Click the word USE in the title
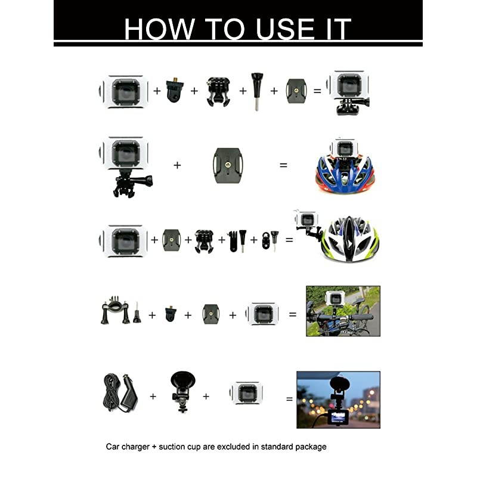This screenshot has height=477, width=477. coord(286,29)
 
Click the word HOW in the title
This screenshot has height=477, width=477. coord(159,29)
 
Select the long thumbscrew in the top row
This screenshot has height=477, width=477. coord(257,91)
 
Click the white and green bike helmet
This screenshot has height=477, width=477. coord(350,239)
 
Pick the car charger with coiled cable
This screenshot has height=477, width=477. coord(120,393)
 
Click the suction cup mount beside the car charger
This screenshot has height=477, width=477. coord(182,392)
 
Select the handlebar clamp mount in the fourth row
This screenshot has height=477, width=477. coord(115,309)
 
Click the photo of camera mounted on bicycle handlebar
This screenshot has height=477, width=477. coord(343,311)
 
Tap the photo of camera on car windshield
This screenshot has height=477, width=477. coord(338,399)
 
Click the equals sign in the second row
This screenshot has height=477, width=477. coord(283,165)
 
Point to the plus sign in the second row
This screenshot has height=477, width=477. coord(177,165)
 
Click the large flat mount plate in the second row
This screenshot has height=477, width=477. coord(228,165)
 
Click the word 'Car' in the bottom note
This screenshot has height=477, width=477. coord(112,447)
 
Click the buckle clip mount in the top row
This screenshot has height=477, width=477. coord(218,92)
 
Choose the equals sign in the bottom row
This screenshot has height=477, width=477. coord(289,399)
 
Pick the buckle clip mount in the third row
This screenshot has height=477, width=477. coord(204,241)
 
